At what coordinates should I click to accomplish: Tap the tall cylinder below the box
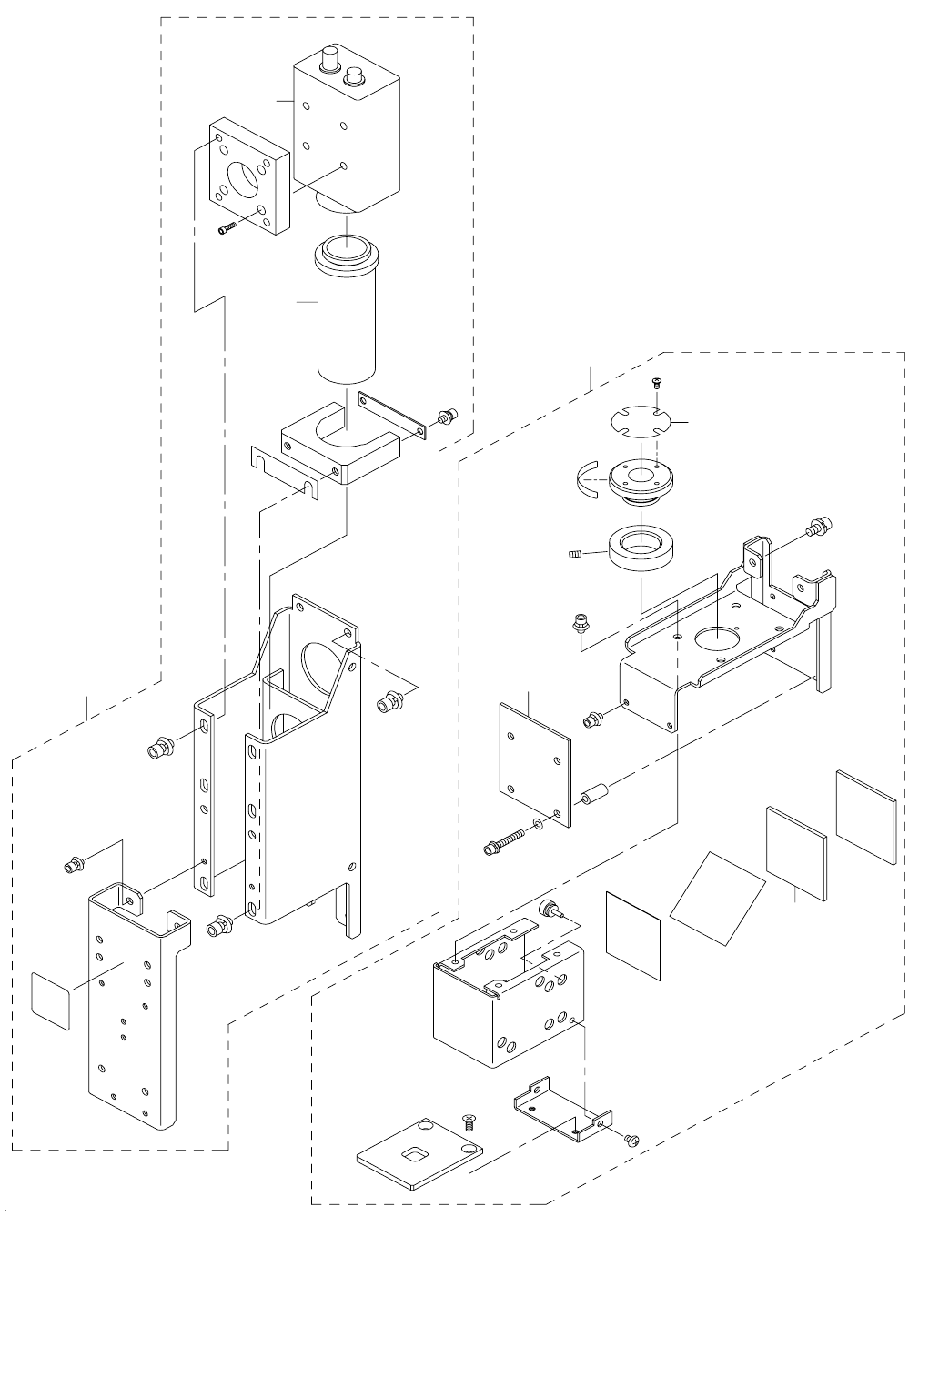(345, 314)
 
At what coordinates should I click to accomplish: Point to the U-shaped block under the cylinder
(341, 449)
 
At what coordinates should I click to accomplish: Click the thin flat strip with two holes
(392, 414)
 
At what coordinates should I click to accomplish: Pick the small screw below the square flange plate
(227, 229)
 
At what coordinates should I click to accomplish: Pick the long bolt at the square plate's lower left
(504, 842)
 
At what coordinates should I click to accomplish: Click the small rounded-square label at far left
(50, 1000)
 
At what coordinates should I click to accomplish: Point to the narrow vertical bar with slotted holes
(205, 800)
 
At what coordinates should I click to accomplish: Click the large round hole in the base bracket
(719, 639)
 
